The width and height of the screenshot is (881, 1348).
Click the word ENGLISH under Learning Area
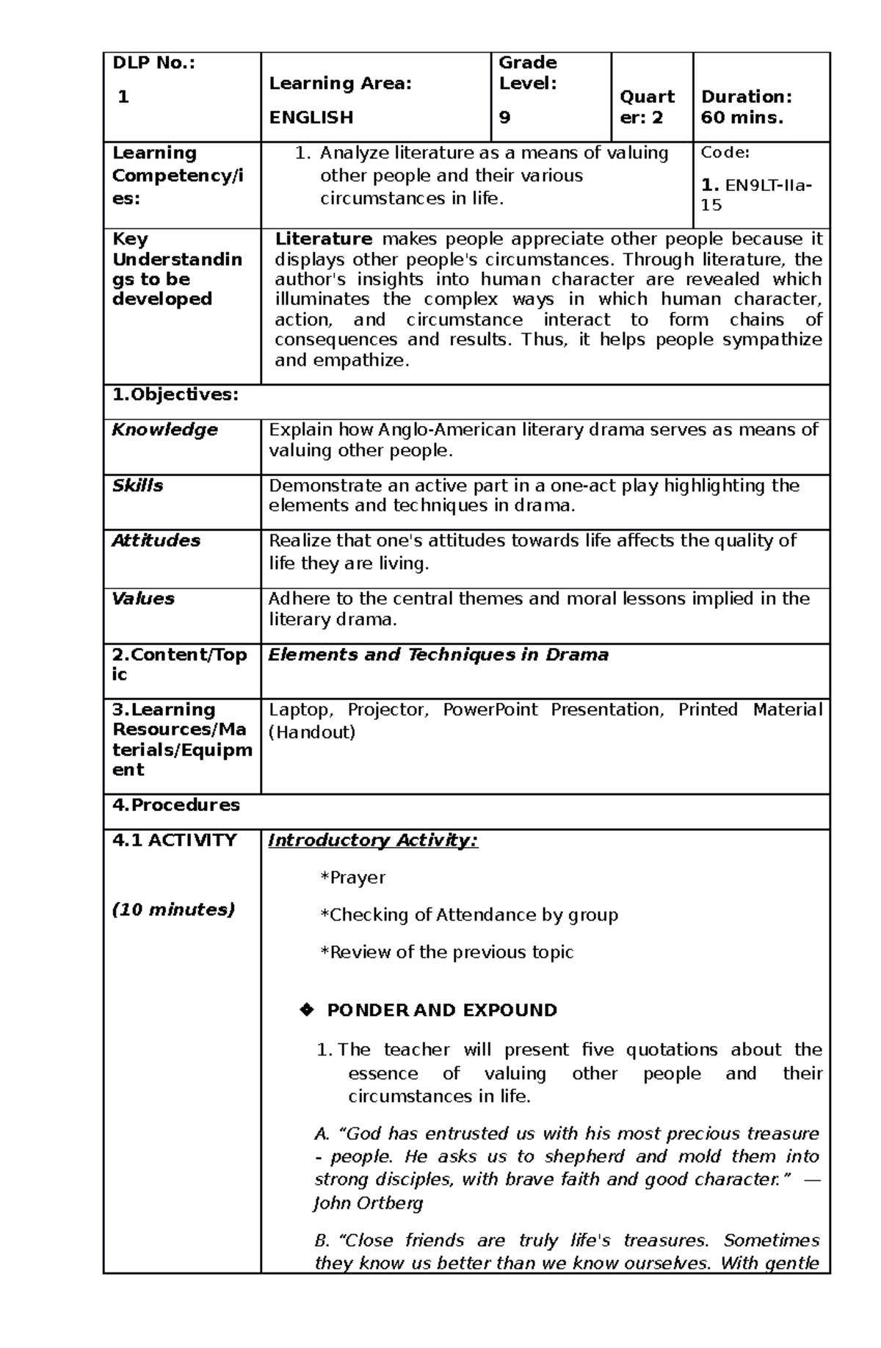(x=311, y=118)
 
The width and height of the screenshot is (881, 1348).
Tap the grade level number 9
(x=504, y=118)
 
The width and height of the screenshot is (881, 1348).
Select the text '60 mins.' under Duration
(x=742, y=118)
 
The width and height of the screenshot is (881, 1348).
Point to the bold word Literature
(x=323, y=239)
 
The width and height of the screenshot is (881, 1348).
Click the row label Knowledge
(x=164, y=430)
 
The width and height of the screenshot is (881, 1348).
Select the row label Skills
(x=137, y=486)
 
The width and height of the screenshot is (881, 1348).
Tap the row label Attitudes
(x=156, y=541)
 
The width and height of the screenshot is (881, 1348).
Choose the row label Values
(x=143, y=599)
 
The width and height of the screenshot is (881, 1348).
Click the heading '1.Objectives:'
(x=175, y=394)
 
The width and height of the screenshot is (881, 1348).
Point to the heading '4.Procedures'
(x=175, y=805)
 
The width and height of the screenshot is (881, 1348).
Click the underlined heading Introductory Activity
(x=373, y=840)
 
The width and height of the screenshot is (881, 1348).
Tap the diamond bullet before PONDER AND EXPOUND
(x=306, y=1010)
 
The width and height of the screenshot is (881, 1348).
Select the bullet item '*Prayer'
(x=353, y=878)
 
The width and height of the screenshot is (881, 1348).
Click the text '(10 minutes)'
(x=173, y=909)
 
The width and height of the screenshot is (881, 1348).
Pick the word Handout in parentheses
(x=314, y=732)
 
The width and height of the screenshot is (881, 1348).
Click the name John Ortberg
(x=369, y=1203)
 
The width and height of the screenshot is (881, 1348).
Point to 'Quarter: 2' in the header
(x=648, y=107)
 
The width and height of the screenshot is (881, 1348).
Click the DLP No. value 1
(x=123, y=97)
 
